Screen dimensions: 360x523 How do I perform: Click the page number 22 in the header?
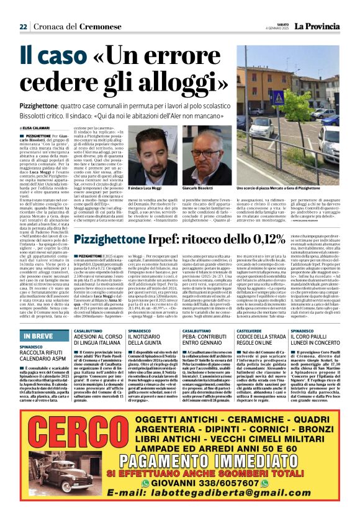tap(23, 27)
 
